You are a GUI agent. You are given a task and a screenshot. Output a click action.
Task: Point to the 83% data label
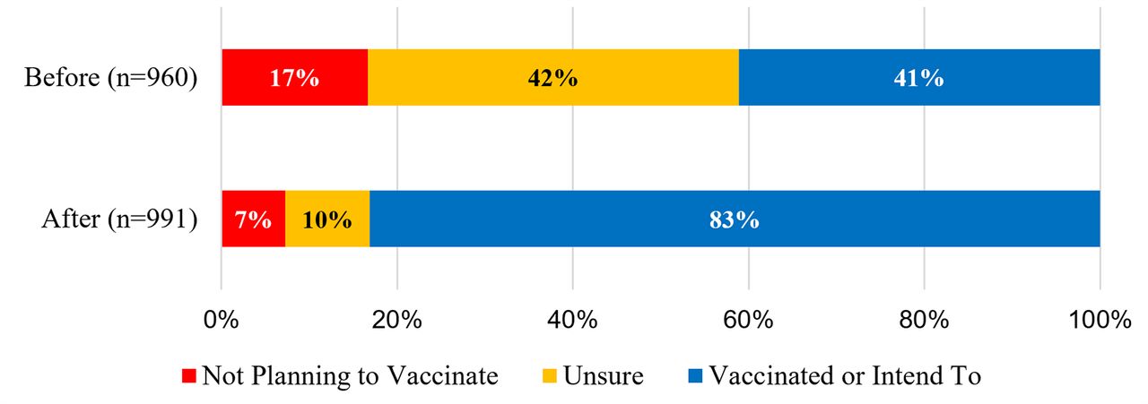pyautogui.click(x=735, y=219)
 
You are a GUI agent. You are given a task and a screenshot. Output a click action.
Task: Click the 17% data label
pyautogui.click(x=294, y=78)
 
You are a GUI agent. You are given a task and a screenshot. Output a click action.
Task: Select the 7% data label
pyautogui.click(x=253, y=219)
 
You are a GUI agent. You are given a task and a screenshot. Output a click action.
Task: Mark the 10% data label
pyautogui.click(x=327, y=219)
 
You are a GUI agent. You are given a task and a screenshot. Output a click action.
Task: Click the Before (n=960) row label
pyautogui.click(x=110, y=78)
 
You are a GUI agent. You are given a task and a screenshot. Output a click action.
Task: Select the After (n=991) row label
pyautogui.click(x=119, y=219)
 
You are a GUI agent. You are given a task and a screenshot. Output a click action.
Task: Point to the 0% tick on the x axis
pyautogui.click(x=221, y=320)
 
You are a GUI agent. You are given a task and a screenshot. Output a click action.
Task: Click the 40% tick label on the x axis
pyautogui.click(x=572, y=320)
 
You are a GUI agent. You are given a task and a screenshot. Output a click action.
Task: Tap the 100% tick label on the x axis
pyautogui.click(x=1100, y=320)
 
